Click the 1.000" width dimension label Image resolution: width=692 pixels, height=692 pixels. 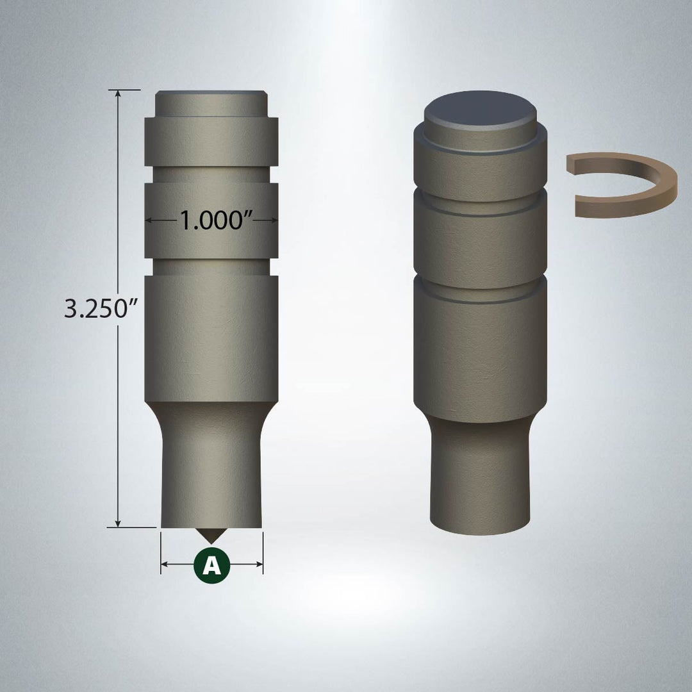pos(216,220)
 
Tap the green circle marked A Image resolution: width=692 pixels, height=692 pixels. pos(212,564)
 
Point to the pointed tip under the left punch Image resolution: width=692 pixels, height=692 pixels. pos(211,542)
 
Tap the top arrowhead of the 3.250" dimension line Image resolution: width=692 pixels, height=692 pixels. pos(118,93)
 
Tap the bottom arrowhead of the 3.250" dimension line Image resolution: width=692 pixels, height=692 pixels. pos(118,523)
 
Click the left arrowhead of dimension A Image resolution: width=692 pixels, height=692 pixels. pos(165,564)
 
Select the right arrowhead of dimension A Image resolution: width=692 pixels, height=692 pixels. pos(259,564)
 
